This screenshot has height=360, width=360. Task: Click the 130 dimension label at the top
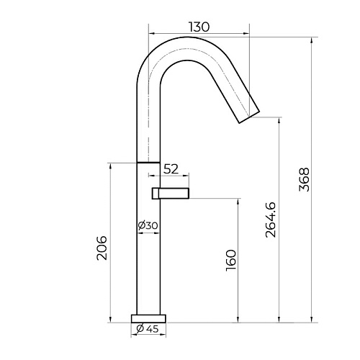pos(199,27)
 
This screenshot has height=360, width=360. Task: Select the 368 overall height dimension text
pos(305,179)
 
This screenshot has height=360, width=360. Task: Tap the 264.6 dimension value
pos(271,220)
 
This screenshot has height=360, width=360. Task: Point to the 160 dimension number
pos(231,261)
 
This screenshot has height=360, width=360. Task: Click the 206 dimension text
pos(102,248)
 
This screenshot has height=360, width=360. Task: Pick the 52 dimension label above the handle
pos(171,169)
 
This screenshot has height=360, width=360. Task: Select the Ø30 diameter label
pos(148,225)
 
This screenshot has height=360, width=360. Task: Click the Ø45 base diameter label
pos(148,329)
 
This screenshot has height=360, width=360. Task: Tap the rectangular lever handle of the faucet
pos(171,194)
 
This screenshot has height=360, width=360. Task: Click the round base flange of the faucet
pos(148,318)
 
